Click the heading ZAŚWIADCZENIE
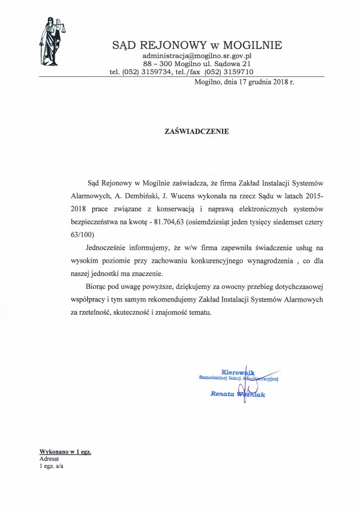pos(196,131)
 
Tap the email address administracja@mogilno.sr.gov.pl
pos(197,56)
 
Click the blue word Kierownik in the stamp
pos(237,372)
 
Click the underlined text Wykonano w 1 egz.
pos(66,451)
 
